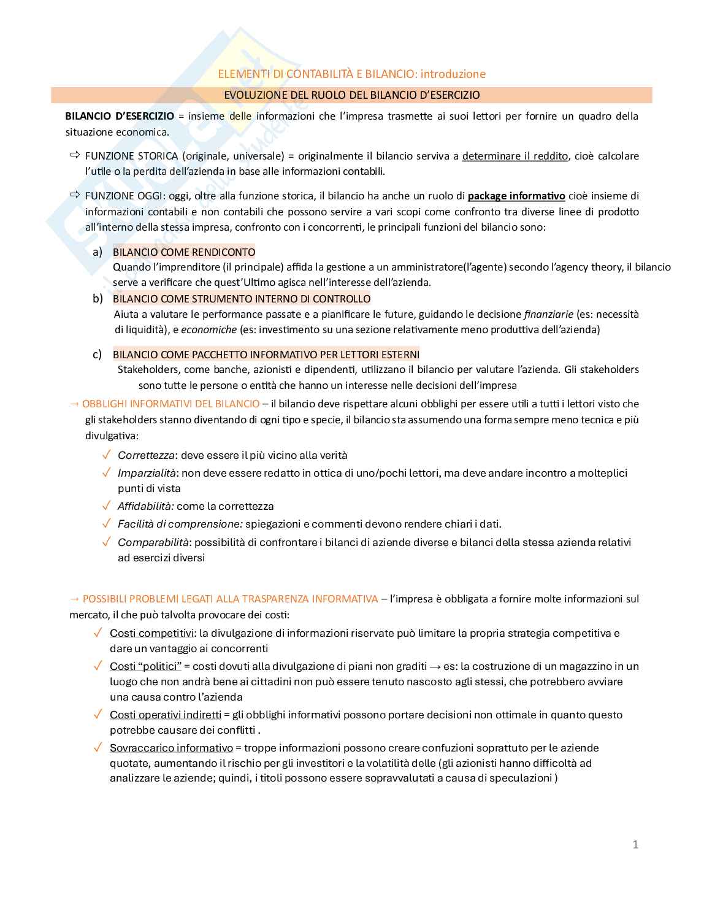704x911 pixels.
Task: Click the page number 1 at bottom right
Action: [x=635, y=845]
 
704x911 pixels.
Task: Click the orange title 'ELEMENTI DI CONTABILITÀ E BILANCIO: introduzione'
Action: [x=351, y=74]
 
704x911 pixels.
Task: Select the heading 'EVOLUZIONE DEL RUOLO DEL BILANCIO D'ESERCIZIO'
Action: [x=351, y=95]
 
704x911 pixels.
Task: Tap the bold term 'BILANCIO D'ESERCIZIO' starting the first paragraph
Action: [x=120, y=116]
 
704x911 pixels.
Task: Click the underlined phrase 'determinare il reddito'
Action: [x=515, y=156]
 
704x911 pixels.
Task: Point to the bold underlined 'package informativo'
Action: [x=516, y=196]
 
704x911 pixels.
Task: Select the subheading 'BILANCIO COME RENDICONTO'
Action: [x=184, y=252]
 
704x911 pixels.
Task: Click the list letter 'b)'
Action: [x=98, y=299]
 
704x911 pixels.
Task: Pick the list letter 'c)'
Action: [x=97, y=355]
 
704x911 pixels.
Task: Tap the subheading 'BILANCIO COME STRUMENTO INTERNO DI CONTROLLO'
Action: [x=242, y=299]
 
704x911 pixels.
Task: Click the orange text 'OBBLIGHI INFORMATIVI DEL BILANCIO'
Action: [x=170, y=404]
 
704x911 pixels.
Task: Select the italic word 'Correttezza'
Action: [x=146, y=455]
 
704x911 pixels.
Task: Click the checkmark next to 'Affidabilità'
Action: [x=106, y=506]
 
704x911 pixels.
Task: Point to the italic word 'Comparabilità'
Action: [x=153, y=542]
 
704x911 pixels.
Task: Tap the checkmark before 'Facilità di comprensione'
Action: [x=106, y=524]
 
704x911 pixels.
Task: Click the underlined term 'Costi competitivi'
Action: [x=152, y=633]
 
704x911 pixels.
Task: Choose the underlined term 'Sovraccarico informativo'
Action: [x=171, y=748]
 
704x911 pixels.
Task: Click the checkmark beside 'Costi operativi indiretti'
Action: [x=98, y=715]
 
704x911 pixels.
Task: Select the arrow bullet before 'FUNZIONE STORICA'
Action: [x=75, y=155]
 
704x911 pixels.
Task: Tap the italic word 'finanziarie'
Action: [x=548, y=314]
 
